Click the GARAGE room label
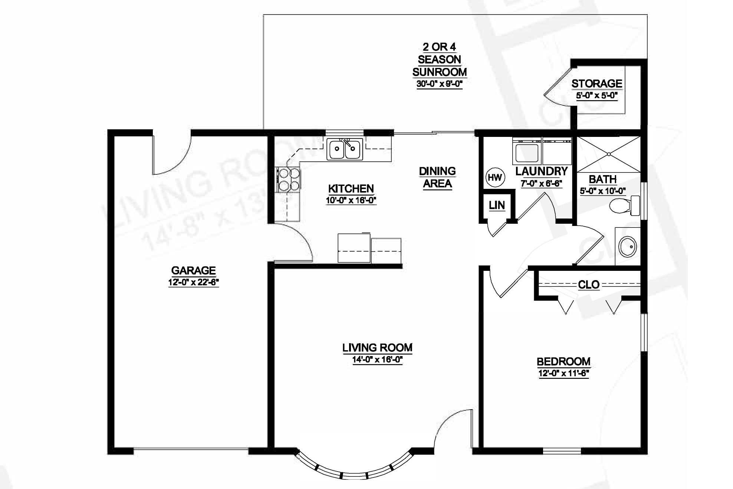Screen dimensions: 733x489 click(193, 270)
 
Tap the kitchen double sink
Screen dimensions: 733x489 click(345, 149)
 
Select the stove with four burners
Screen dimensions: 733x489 click(288, 180)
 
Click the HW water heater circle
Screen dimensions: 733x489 click(495, 178)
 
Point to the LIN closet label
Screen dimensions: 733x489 click(497, 205)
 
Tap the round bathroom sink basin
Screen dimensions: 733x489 click(628, 246)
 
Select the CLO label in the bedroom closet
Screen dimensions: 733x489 click(589, 285)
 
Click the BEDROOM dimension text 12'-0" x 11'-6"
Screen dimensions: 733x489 click(563, 373)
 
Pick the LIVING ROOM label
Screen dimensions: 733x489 click(377, 348)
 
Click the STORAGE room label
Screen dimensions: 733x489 click(597, 83)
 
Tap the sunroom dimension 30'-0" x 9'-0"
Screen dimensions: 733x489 click(439, 84)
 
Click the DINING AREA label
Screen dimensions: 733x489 click(437, 177)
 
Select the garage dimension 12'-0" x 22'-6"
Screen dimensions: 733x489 click(193, 282)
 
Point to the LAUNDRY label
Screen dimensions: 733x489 click(542, 171)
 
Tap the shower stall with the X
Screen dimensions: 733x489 click(609, 154)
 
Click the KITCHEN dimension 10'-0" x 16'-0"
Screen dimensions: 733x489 click(351, 201)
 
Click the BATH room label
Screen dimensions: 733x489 click(603, 179)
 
